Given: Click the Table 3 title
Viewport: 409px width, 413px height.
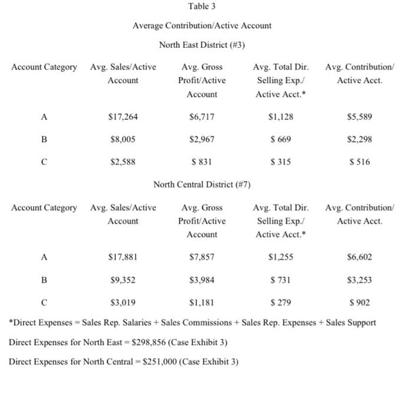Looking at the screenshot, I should (x=202, y=6).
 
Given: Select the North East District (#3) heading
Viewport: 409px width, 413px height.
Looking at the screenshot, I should (x=202, y=45).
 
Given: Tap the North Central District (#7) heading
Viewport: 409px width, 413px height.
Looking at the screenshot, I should (x=202, y=185).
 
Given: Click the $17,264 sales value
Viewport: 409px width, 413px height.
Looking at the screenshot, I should (x=123, y=117).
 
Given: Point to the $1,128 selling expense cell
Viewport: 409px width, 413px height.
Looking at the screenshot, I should (x=280, y=117).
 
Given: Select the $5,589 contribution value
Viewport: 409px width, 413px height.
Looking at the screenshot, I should (x=359, y=117).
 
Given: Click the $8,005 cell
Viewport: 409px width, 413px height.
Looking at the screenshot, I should (x=123, y=140).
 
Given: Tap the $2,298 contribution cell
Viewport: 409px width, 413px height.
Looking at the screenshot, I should (x=359, y=140).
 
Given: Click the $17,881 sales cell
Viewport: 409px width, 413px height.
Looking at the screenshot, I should (x=123, y=257).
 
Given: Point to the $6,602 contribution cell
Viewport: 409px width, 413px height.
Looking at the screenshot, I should (x=359, y=257).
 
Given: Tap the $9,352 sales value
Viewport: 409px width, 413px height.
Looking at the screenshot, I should (x=123, y=280).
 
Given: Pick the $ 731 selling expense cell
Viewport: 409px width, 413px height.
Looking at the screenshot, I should (x=280, y=280).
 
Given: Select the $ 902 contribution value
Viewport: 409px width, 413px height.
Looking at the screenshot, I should (x=359, y=303).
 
